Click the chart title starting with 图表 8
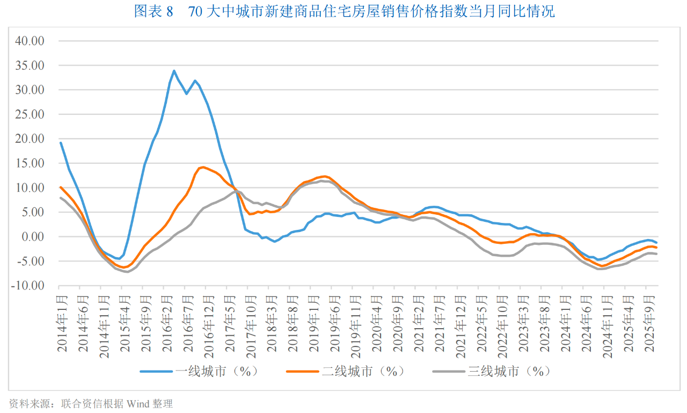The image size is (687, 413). [x=344, y=12]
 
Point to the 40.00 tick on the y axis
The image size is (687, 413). [x=30, y=41]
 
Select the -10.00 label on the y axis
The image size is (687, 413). [x=28, y=286]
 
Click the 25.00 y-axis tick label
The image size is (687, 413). [x=30, y=114]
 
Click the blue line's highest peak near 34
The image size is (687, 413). [x=174, y=70]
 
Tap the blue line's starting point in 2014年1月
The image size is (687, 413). [x=61, y=143]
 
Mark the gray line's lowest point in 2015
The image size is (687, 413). [x=128, y=272]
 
